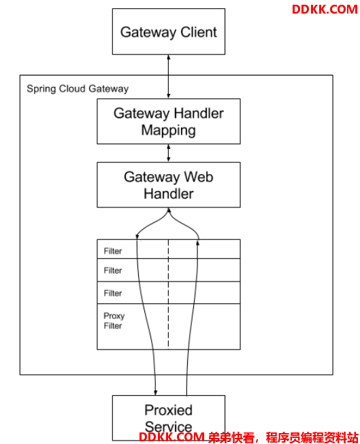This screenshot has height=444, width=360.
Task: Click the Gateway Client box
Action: coord(169,31)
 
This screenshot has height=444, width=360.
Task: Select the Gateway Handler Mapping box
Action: coord(169,121)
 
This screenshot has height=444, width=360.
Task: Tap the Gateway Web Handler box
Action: coord(169,185)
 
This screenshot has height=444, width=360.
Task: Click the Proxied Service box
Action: coord(169,417)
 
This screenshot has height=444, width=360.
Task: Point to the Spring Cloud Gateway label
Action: coord(78,89)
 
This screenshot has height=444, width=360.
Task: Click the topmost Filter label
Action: coord(113,251)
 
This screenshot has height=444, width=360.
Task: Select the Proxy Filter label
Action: coord(114,321)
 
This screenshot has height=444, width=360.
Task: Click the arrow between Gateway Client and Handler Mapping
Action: coord(169,76)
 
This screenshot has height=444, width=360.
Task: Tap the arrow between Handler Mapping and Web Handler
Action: coord(169,153)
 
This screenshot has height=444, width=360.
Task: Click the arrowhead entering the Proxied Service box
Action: coord(155,392)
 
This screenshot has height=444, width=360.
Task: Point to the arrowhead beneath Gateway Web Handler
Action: coord(169,210)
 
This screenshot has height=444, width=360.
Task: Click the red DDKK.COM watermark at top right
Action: coord(325,10)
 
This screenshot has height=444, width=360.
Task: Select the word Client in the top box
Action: coord(199,32)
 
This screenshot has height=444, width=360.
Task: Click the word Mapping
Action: coord(168,131)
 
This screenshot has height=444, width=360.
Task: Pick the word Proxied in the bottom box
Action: coord(168,410)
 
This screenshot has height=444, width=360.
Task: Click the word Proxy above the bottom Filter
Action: coord(114,316)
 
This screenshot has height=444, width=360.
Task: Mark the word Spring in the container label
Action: coord(42,89)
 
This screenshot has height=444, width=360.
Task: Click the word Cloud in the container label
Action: coord(73,88)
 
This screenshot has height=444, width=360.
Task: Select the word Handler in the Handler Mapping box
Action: coord(199,114)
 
